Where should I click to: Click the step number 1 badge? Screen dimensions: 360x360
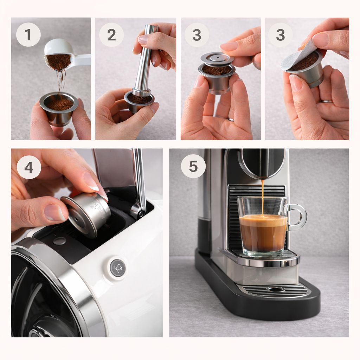(x=28, y=35)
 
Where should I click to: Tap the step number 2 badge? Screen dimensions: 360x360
(x=111, y=35)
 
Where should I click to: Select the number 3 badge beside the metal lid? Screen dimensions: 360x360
(x=197, y=35)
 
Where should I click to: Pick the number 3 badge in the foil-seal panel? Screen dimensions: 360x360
(x=280, y=35)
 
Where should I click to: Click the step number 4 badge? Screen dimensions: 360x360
(x=29, y=167)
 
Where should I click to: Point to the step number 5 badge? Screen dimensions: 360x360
(x=193, y=166)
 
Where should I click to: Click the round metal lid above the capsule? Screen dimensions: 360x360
(x=217, y=58)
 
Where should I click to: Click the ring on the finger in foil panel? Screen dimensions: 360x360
(x=327, y=101)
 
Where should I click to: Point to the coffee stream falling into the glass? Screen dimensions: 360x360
(x=262, y=197)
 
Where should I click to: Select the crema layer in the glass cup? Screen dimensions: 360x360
(x=263, y=221)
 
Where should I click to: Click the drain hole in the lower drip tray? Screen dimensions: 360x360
(x=276, y=289)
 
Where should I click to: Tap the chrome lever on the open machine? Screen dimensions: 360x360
(x=139, y=183)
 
